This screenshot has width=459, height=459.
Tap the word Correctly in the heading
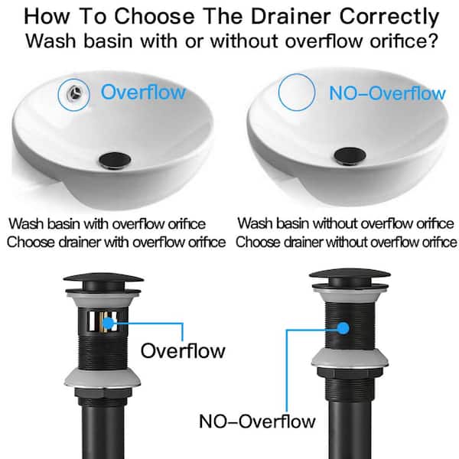(389, 18)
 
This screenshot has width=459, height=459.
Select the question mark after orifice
(433, 41)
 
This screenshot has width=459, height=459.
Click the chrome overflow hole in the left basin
(74, 93)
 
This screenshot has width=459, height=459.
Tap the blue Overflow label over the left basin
(143, 93)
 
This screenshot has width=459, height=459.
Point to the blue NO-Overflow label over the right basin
(387, 93)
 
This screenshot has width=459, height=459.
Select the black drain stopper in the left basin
(115, 161)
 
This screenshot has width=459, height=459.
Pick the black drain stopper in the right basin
(350, 155)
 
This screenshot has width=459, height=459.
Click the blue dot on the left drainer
(109, 323)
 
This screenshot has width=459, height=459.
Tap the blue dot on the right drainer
(343, 328)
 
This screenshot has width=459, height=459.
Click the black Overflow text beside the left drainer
(183, 350)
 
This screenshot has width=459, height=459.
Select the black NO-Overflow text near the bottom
(257, 422)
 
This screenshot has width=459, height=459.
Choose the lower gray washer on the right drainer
(350, 358)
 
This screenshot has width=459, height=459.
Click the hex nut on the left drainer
(103, 394)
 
